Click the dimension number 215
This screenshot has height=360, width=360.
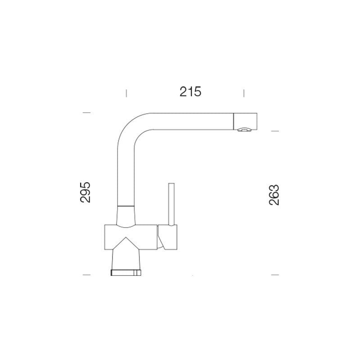tap(190, 92)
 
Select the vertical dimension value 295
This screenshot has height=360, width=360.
tap(85, 192)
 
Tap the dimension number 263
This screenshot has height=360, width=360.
tap(274, 195)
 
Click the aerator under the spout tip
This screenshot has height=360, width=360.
tap(244, 130)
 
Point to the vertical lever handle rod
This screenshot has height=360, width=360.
tap(171, 204)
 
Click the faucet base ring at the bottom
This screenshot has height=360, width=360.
tap(126, 273)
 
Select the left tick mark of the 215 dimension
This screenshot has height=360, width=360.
tap(126, 93)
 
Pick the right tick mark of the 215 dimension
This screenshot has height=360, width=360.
tap(244, 93)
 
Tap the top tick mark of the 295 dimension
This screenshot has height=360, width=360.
tap(86, 112)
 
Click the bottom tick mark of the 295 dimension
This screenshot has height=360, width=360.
tap(86, 274)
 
